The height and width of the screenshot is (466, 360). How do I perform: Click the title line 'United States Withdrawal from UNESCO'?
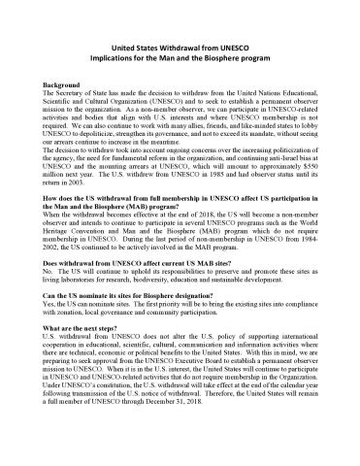[180, 47]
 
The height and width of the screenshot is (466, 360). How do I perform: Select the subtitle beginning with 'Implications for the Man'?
[180, 57]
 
